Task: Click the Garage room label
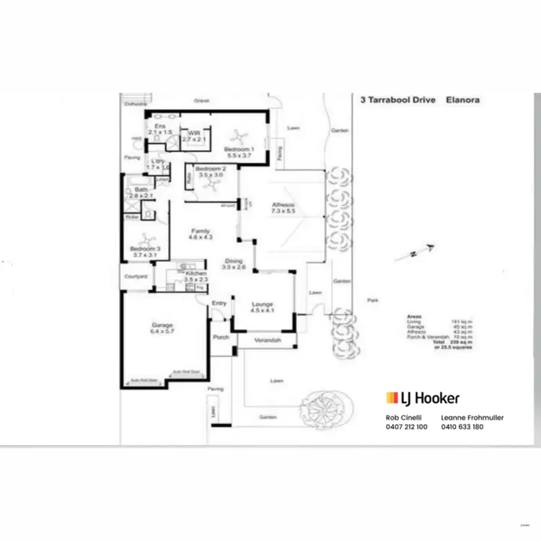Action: coord(162,325)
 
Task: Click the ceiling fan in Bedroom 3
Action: coord(147,239)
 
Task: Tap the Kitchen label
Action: coord(196,274)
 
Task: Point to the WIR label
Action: coord(194,133)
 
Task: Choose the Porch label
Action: coord(221,337)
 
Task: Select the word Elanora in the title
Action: coord(462,100)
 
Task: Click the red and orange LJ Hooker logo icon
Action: coord(392,397)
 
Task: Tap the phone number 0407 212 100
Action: coord(407,426)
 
